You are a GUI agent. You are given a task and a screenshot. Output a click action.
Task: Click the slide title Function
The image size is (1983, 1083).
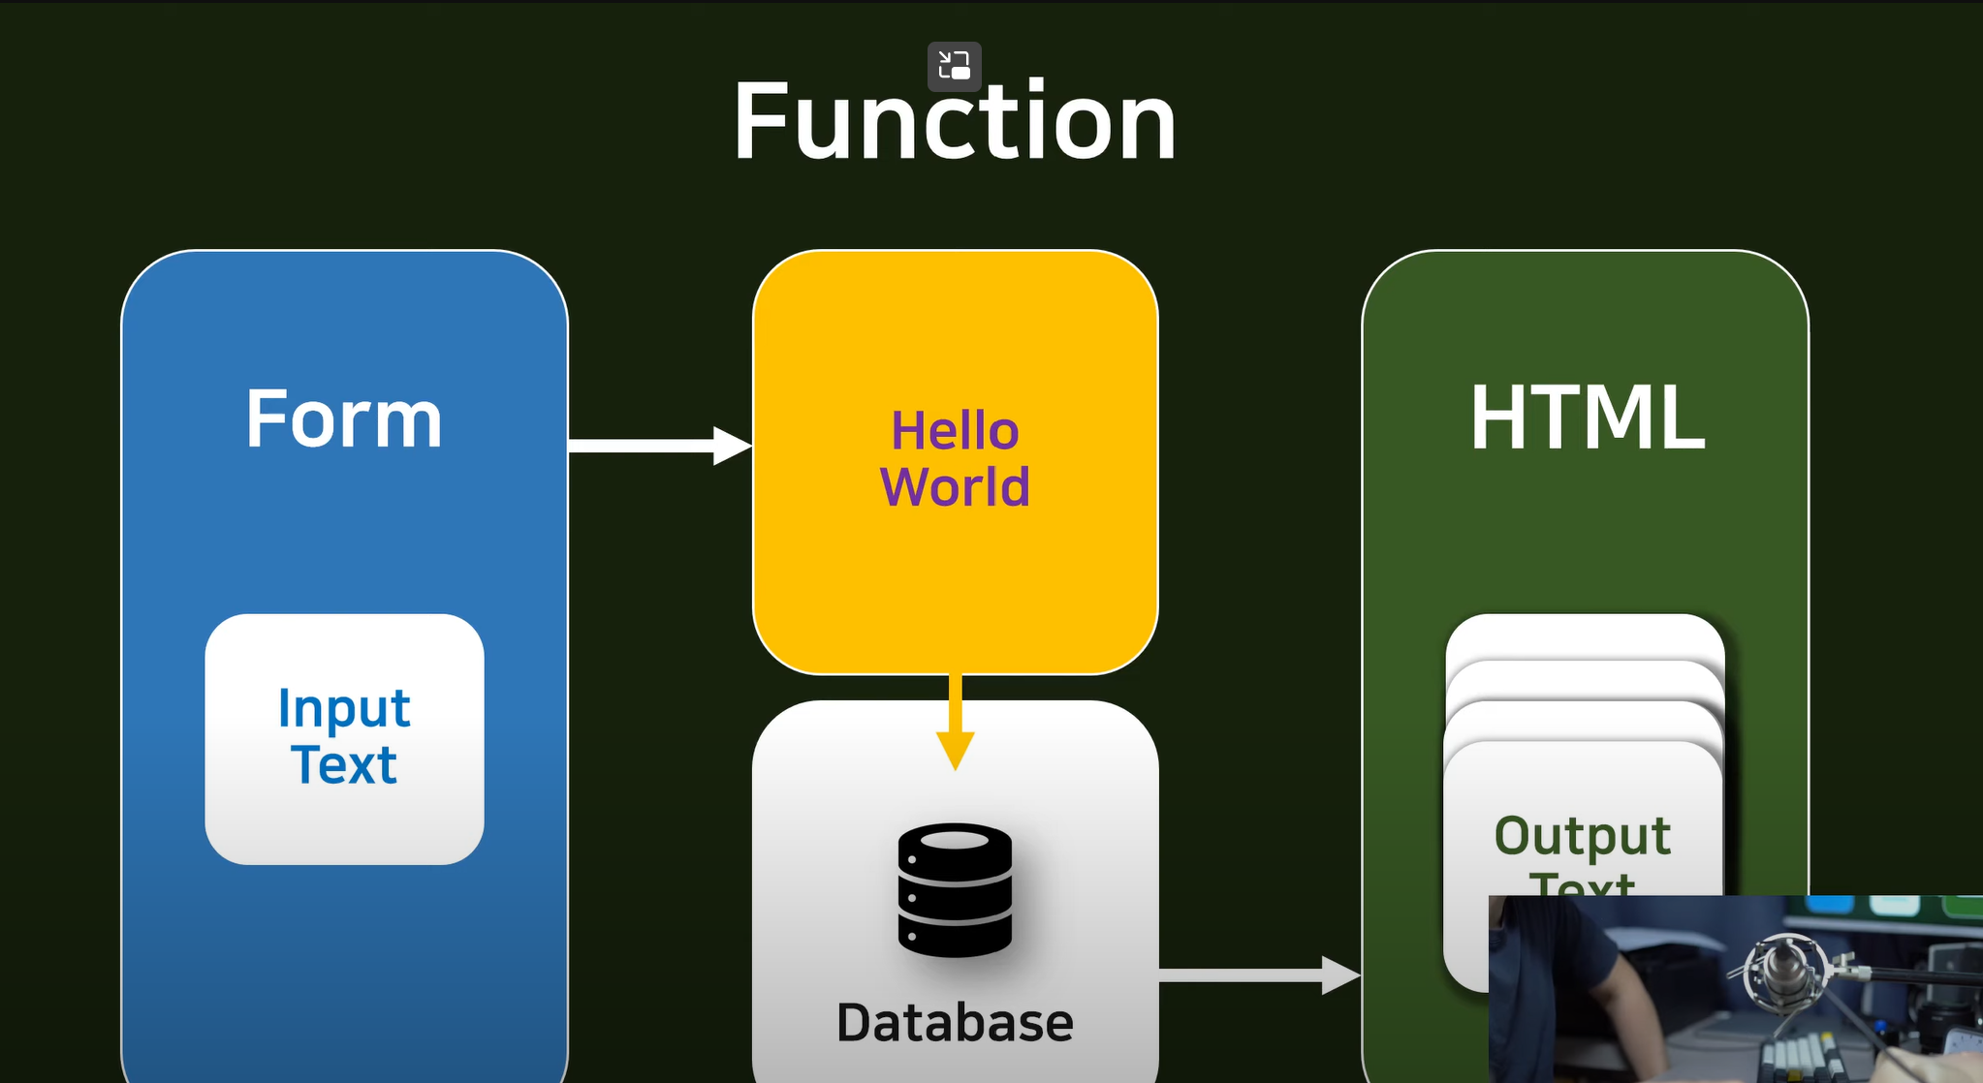click(955, 121)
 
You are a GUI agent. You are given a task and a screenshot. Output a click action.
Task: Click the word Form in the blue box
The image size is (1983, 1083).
click(344, 418)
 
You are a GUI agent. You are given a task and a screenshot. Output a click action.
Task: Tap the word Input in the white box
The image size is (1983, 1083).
click(344, 709)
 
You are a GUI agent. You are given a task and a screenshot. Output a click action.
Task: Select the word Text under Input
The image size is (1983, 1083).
click(344, 765)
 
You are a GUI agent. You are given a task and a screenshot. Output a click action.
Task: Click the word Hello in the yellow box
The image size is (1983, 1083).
click(955, 431)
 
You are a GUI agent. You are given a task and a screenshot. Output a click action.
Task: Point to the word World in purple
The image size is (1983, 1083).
click(955, 486)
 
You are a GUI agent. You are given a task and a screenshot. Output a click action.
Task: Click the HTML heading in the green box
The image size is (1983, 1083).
click(1587, 418)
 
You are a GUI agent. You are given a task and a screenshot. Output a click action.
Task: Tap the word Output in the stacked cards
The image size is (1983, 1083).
click(1583, 836)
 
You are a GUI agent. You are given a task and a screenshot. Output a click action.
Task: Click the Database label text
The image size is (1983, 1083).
click(955, 1023)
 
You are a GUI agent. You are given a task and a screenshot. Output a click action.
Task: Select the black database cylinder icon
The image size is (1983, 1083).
click(955, 889)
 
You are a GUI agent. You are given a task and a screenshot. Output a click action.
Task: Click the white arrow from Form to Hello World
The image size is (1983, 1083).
click(659, 446)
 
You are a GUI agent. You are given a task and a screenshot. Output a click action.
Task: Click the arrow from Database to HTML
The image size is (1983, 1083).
click(1260, 975)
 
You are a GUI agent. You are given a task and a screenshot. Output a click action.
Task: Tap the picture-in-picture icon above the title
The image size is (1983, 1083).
click(955, 66)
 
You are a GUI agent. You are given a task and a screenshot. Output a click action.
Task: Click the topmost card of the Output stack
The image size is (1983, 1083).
click(1585, 634)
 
